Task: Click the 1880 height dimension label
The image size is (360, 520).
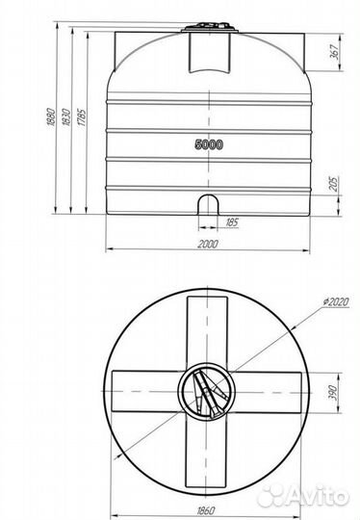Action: tap(51, 117)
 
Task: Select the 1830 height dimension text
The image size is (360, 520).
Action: tap(66, 117)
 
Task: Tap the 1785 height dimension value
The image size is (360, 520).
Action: tap(82, 117)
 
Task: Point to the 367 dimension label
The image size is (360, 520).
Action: tap(335, 51)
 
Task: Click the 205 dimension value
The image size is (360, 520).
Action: tap(333, 183)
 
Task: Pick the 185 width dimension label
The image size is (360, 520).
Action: tap(232, 221)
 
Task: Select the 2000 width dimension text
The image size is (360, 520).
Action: tap(208, 244)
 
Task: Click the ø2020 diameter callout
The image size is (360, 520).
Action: tap(336, 301)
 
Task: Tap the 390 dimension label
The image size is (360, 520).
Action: tap(333, 393)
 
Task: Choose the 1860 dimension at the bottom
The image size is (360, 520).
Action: tap(206, 510)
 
